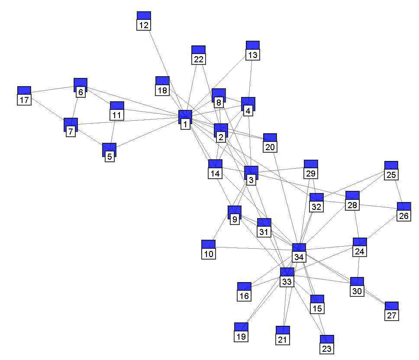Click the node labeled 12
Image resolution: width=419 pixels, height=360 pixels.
pos(144,20)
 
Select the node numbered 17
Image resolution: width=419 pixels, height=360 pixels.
pos(24,95)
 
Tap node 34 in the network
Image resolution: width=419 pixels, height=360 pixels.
pos(299,252)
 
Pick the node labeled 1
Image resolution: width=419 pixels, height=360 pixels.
pos(185,119)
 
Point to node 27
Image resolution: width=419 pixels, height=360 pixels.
pos(391,311)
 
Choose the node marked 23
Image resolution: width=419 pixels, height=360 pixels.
pos(327,344)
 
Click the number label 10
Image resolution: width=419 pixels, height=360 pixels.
pos(209,254)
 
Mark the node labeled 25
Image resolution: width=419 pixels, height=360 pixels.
pos(391,170)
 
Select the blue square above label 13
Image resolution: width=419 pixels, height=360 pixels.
pos(253,45)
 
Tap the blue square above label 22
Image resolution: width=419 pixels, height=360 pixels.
pos(199,50)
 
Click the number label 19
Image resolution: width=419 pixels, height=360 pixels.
pos(241,336)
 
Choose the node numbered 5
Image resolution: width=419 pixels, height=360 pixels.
pos(110,152)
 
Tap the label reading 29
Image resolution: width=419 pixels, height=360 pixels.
pos(311,174)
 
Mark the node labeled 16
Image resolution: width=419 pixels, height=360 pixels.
pos(244,291)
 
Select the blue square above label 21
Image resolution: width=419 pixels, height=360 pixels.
pos(283,331)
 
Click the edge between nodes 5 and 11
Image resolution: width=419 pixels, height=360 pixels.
pos(113,132)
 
